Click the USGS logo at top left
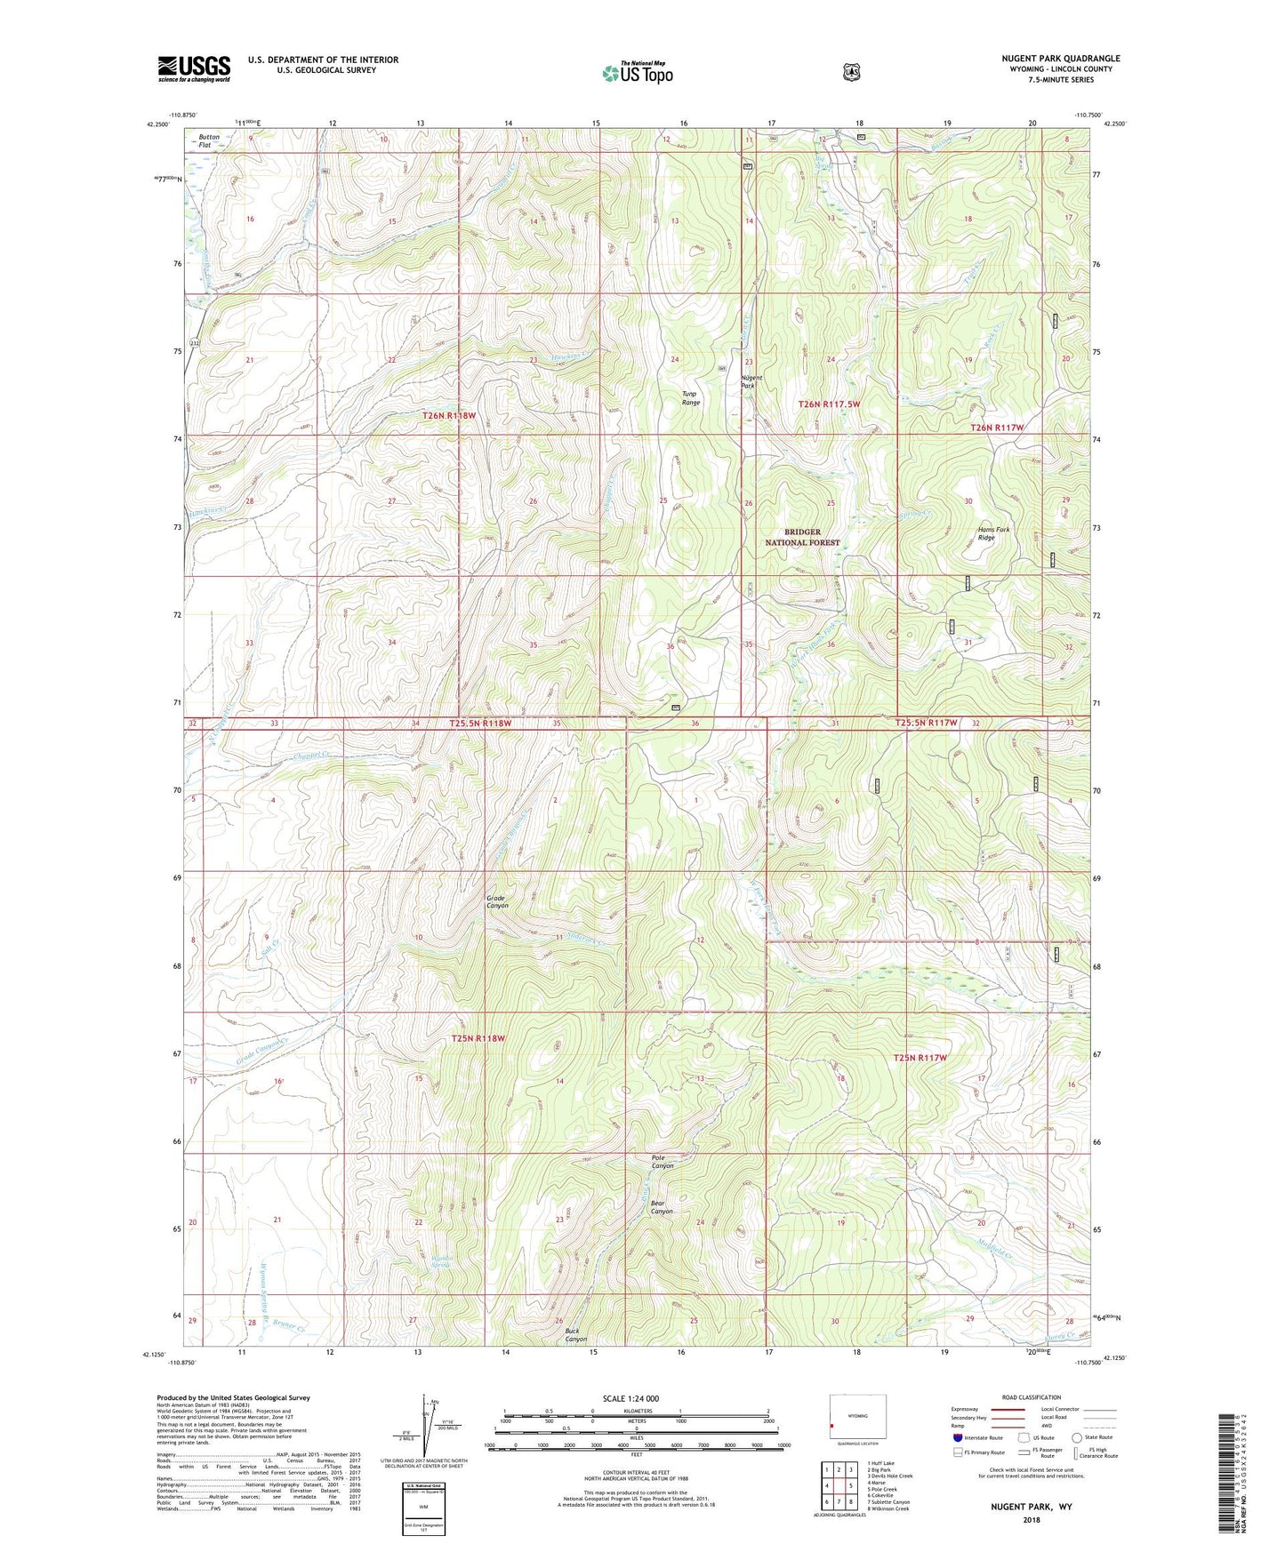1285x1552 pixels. point(194,68)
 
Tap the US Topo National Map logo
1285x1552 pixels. point(636,73)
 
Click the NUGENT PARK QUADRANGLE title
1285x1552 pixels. point(1060,59)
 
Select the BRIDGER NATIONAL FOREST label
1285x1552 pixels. point(802,537)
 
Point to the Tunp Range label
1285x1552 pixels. point(691,398)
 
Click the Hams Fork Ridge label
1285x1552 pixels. point(994,533)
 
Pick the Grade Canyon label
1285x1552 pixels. point(497,901)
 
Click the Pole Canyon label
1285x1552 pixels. point(663,1162)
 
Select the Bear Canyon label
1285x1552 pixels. point(662,1207)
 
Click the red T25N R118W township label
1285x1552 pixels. point(478,1038)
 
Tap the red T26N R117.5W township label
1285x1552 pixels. point(829,404)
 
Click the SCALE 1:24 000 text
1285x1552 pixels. point(630,1398)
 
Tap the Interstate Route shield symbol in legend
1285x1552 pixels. point(957,1437)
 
